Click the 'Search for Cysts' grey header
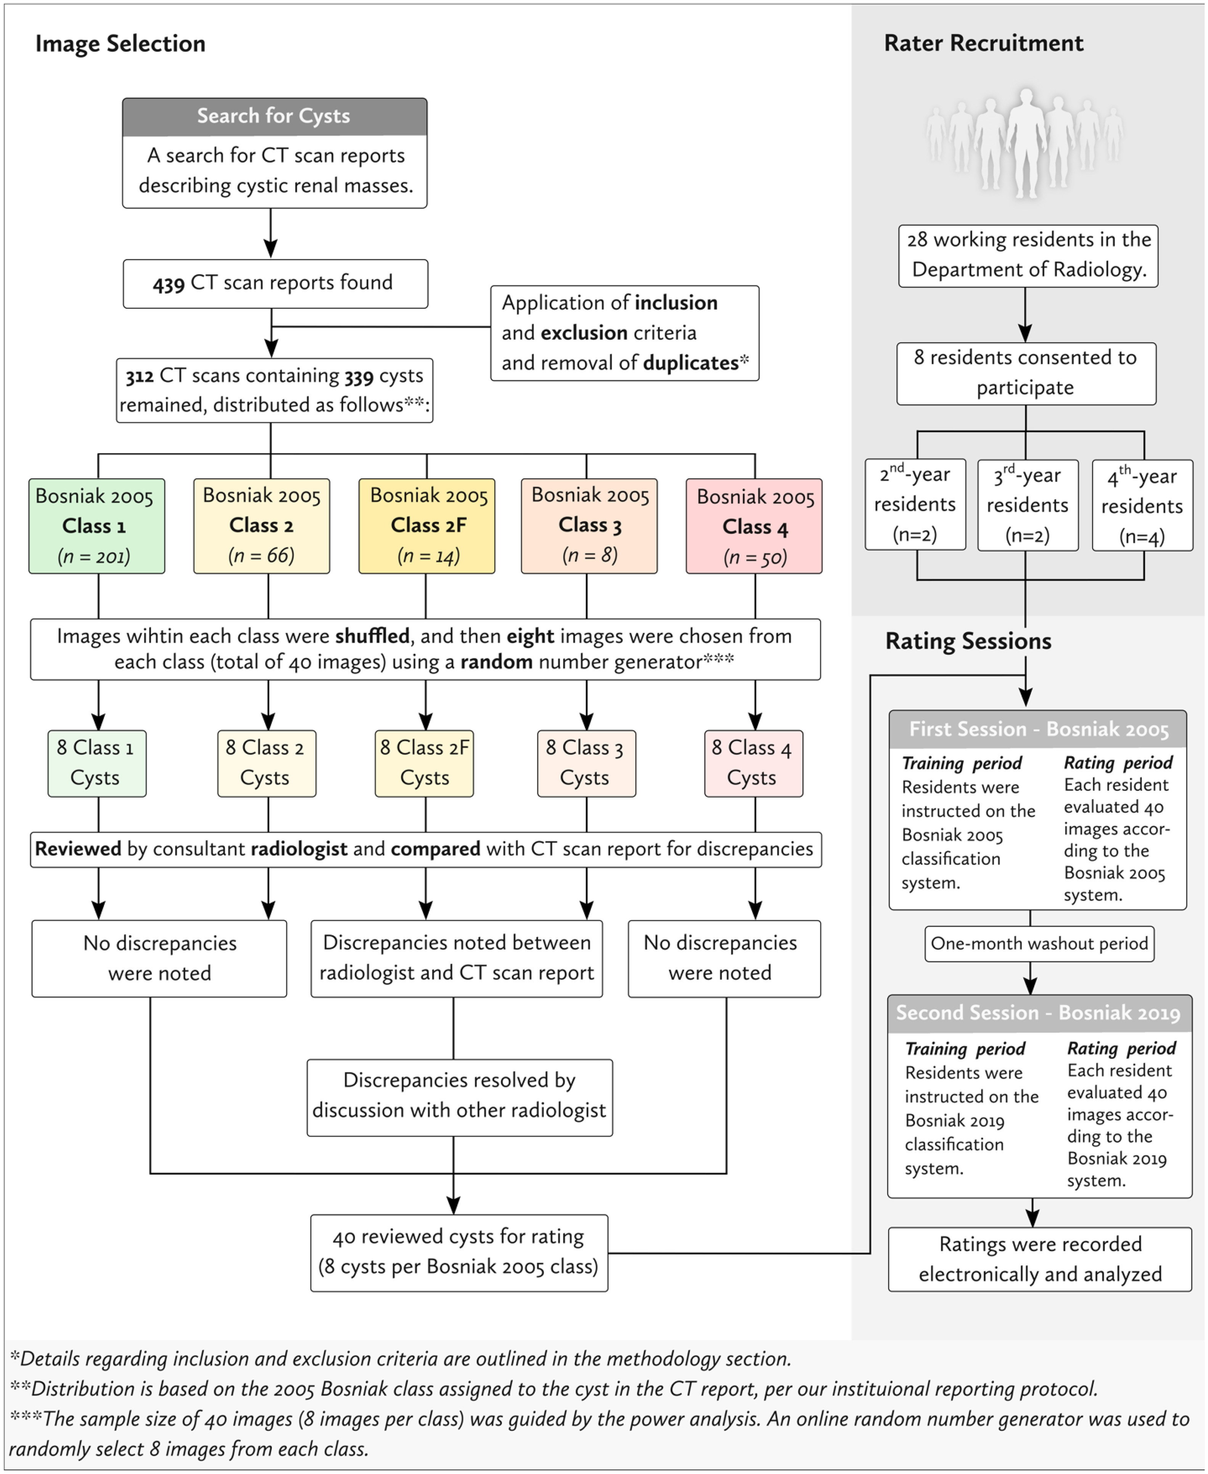[x=274, y=116]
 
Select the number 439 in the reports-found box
[x=168, y=284]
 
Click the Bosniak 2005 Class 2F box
[x=426, y=526]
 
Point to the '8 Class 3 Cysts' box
[x=586, y=763]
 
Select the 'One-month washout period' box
[x=1039, y=944]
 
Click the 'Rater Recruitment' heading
[x=983, y=43]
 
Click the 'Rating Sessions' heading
[x=968, y=641]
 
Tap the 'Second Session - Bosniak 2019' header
[x=1038, y=1013]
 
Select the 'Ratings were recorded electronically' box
[x=1040, y=1259]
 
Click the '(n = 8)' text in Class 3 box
[x=589, y=555]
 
